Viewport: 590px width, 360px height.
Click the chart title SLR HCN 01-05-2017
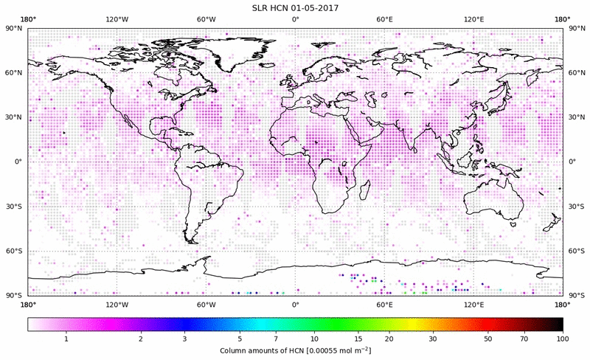[295, 8]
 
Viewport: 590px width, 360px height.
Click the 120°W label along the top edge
[117, 20]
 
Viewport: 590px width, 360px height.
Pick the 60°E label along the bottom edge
[384, 304]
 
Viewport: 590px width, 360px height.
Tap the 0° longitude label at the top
[295, 20]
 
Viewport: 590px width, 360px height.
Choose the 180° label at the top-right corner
[563, 20]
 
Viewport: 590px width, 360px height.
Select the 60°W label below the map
[206, 304]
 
